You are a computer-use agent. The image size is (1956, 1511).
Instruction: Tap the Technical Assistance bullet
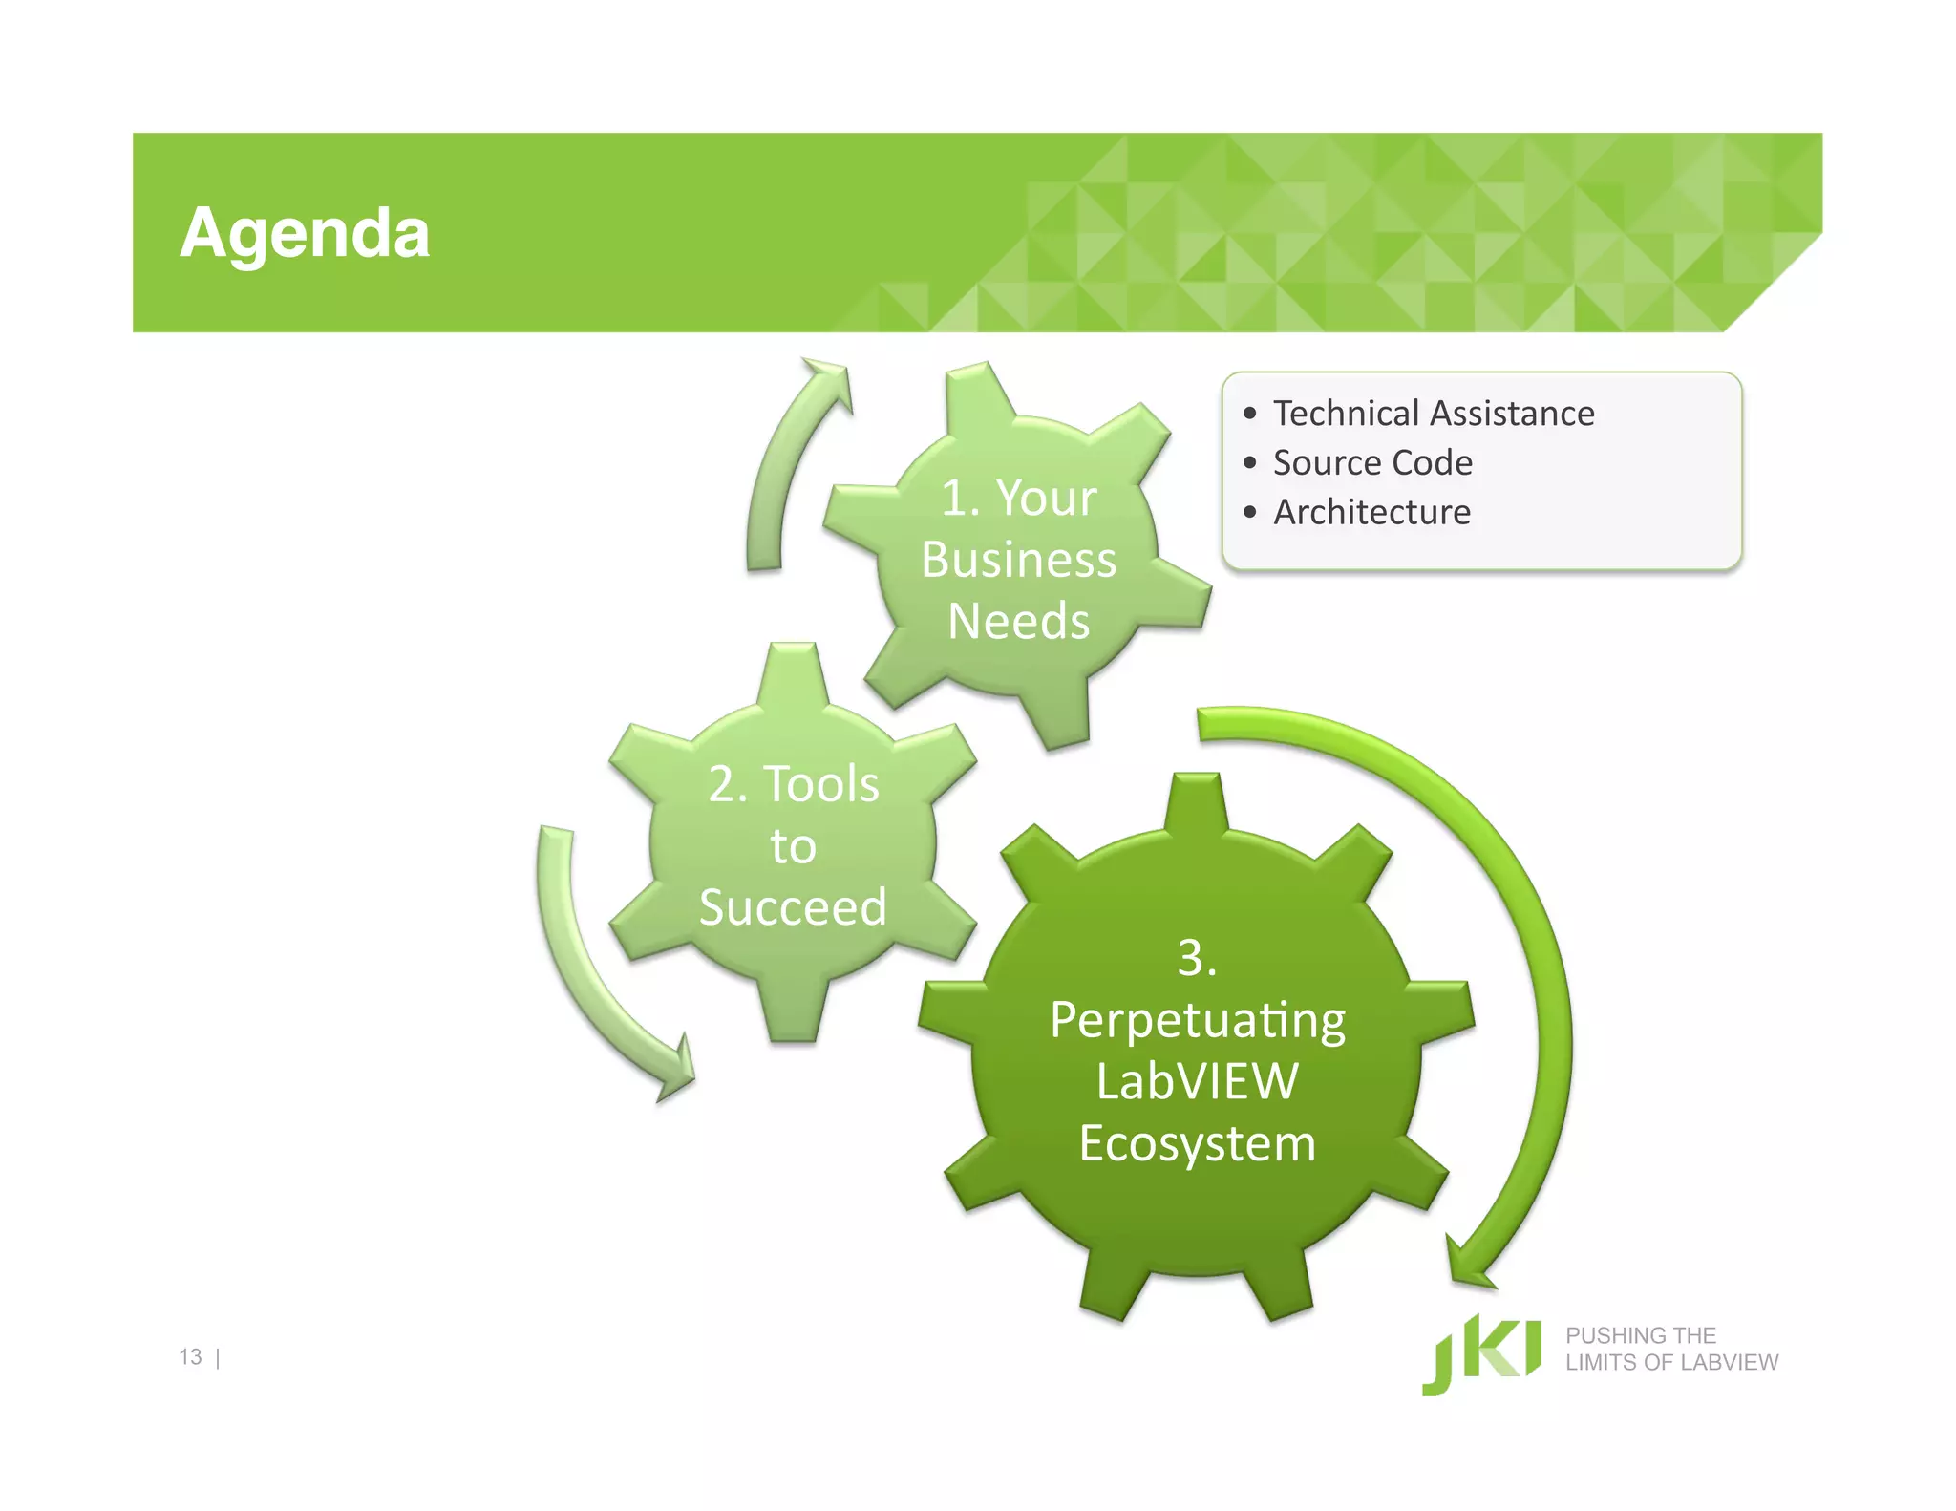click(x=1433, y=414)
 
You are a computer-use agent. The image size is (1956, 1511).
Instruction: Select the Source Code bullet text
click(x=1372, y=463)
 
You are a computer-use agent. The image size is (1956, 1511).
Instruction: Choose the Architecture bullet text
click(x=1371, y=513)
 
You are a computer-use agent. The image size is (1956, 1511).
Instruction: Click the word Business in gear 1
click(x=1018, y=560)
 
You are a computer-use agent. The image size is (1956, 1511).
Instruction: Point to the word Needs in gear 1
click(x=1018, y=622)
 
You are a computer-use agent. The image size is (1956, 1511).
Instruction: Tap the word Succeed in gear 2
click(x=793, y=907)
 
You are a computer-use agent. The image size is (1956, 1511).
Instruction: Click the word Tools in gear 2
click(x=820, y=785)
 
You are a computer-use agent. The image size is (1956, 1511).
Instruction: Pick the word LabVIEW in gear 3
click(x=1198, y=1082)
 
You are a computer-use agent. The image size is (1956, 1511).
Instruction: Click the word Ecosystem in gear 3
click(x=1198, y=1144)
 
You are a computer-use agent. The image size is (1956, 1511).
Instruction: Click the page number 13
click(x=190, y=1357)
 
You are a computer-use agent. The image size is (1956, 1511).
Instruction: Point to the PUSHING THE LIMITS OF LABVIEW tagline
click(x=1671, y=1350)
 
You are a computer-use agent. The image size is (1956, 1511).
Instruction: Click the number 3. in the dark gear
click(x=1197, y=958)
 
